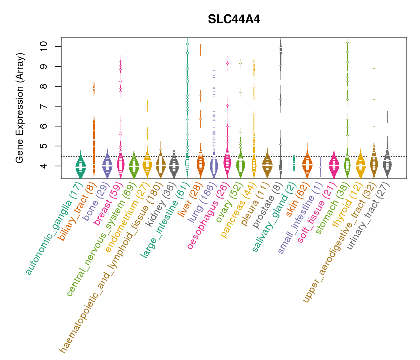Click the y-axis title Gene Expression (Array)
pos(20,108)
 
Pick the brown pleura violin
pos(267,165)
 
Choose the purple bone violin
pos(107,166)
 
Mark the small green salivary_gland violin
pos(294,163)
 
